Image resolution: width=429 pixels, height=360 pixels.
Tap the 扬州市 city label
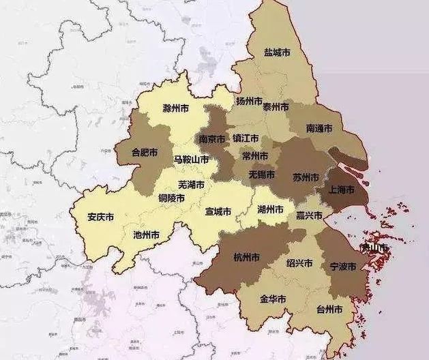pyautogui.click(x=249, y=102)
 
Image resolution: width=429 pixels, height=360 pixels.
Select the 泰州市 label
pyautogui.click(x=276, y=107)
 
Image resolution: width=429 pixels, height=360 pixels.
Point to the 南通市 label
pyautogui.click(x=319, y=128)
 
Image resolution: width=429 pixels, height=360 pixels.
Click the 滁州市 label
pyautogui.click(x=176, y=108)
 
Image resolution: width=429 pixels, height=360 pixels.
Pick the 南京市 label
pyautogui.click(x=212, y=138)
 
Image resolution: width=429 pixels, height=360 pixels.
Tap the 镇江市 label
pyautogui.click(x=246, y=138)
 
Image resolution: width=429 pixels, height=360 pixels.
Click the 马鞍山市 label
pyautogui.click(x=192, y=160)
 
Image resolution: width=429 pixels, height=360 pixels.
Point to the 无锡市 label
pyautogui.click(x=261, y=175)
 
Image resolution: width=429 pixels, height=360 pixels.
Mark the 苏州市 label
pyautogui.click(x=306, y=177)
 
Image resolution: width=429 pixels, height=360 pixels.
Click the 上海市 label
pyautogui.click(x=342, y=190)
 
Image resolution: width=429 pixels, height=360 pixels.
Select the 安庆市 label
pyautogui.click(x=101, y=217)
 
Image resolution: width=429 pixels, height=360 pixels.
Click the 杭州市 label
pyautogui.click(x=246, y=258)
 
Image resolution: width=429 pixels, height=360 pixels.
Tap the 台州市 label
pyautogui.click(x=329, y=309)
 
